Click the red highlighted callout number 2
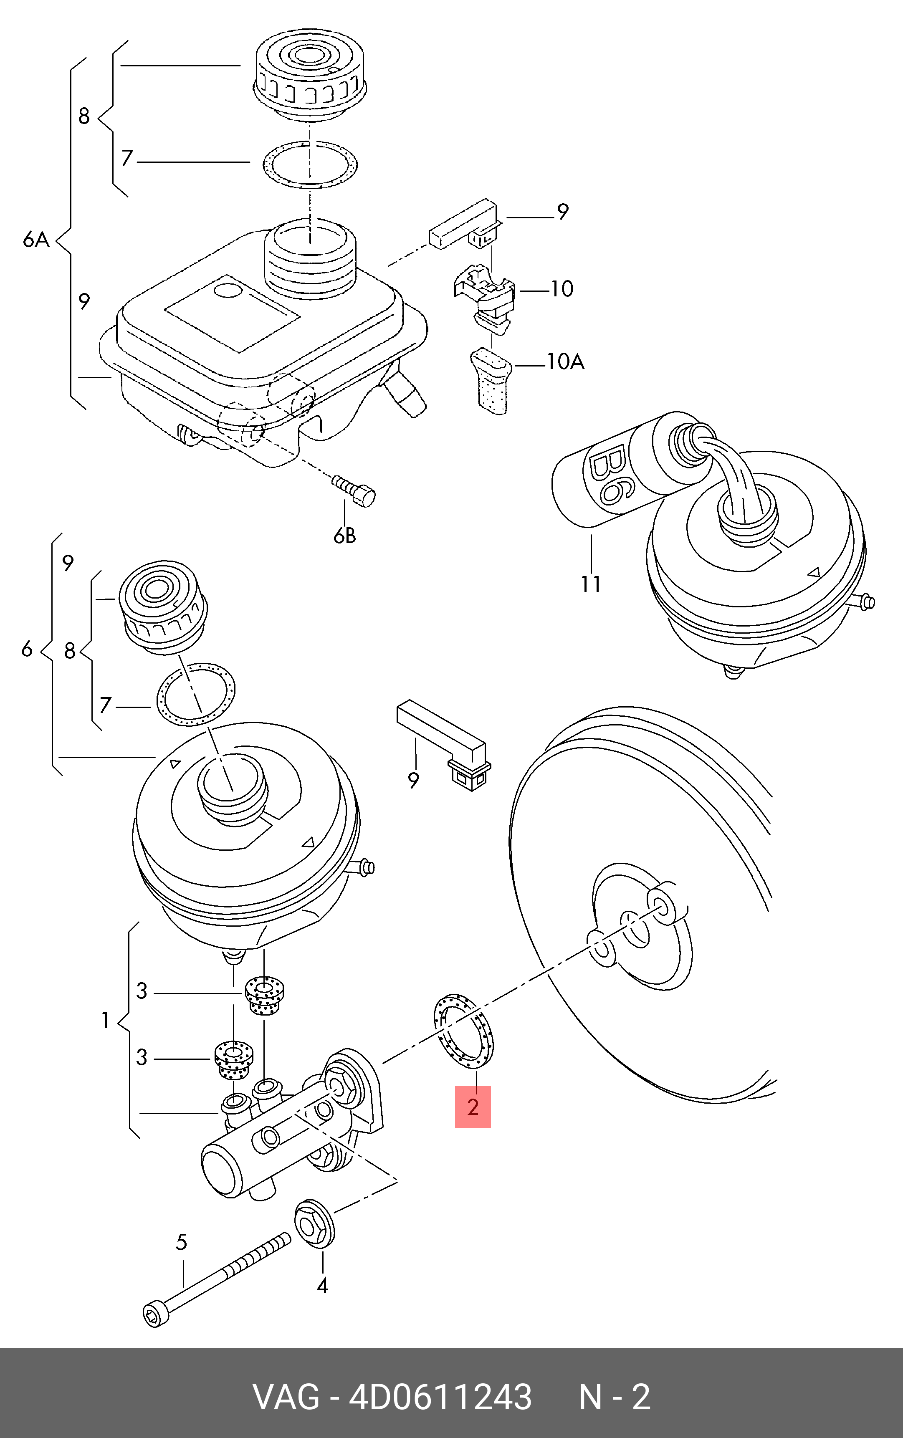[473, 1107]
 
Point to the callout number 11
[591, 584]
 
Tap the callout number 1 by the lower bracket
[105, 1021]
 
